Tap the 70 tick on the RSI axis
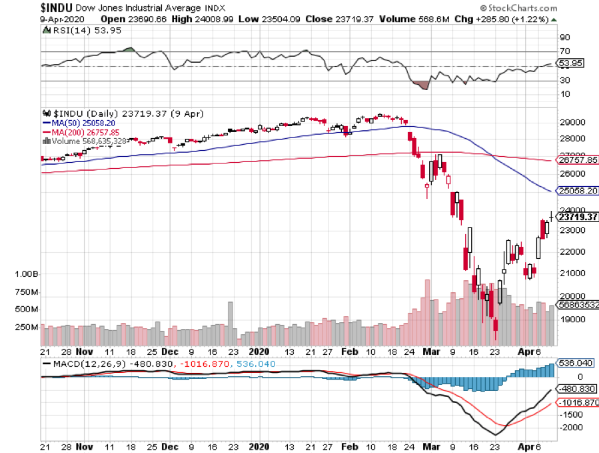[565, 51]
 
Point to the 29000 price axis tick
[572, 123]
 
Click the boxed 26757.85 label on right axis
[577, 160]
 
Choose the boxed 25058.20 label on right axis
[577, 190]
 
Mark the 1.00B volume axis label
[27, 274]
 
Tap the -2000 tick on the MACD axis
[572, 428]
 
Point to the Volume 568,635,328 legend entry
[88, 141]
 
